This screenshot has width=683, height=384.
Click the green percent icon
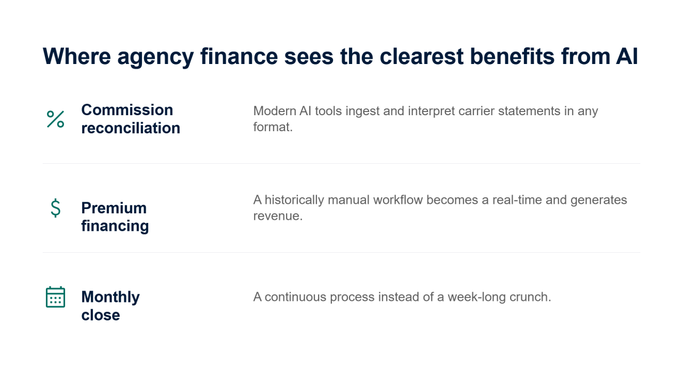[55, 119]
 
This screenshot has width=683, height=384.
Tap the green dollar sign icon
[55, 208]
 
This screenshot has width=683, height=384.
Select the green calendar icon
[55, 297]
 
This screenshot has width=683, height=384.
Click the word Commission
[127, 110]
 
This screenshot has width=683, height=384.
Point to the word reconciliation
[131, 128]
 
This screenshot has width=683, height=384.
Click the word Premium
[114, 208]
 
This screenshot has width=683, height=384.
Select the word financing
[115, 227]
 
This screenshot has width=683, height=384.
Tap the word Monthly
[110, 297]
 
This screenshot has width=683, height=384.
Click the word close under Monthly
[101, 315]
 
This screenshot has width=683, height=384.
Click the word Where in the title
[77, 57]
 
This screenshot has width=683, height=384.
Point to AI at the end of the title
[627, 57]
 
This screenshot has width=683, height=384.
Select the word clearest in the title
[422, 57]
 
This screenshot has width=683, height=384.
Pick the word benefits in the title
[512, 57]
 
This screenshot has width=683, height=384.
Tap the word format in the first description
[273, 127]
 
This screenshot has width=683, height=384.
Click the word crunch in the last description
[530, 297]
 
